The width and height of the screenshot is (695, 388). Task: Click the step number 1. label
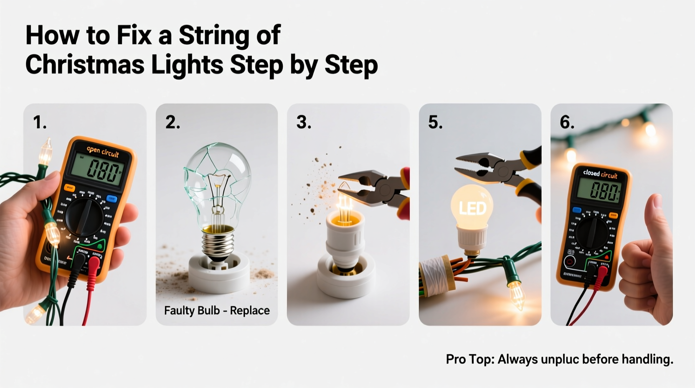click(x=40, y=123)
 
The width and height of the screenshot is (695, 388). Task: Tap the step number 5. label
click(x=435, y=123)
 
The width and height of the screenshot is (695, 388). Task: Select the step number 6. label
click(x=567, y=123)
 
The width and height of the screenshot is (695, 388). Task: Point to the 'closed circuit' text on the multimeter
click(x=600, y=174)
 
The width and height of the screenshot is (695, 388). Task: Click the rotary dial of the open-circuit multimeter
click(x=84, y=217)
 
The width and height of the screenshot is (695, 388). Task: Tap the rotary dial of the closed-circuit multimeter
click(x=592, y=232)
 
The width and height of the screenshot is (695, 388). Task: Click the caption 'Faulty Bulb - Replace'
click(x=217, y=311)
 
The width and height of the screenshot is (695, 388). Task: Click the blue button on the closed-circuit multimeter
click(x=577, y=210)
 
